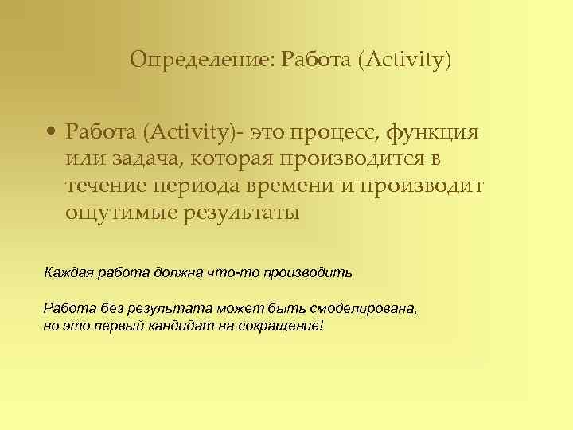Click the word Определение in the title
tap(199, 60)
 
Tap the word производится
tap(350, 158)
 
